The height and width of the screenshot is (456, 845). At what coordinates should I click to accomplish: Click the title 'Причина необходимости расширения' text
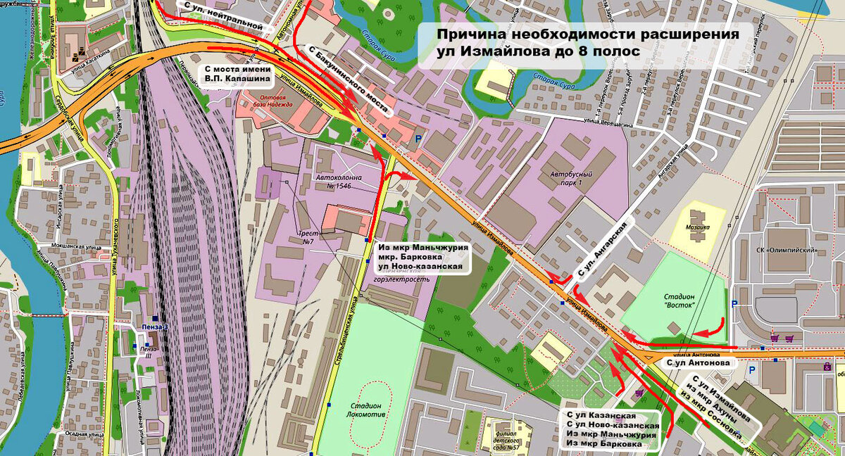point(587,34)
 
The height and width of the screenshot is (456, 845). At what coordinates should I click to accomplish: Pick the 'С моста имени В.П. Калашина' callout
point(232,74)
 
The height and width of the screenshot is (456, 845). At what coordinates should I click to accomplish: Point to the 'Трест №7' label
point(308,239)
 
